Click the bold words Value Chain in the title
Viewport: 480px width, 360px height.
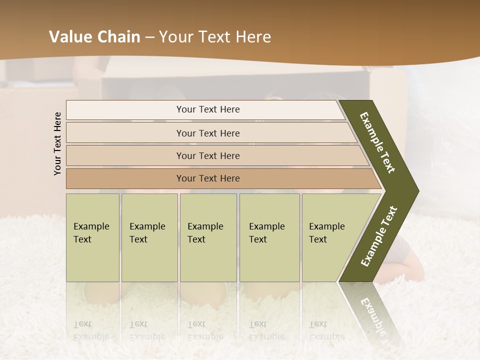coord(94,37)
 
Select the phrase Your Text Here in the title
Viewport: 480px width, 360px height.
coord(215,37)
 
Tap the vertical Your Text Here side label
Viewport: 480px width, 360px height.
coord(57,143)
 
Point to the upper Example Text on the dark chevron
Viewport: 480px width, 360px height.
coord(377,142)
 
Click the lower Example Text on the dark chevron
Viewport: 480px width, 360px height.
coord(379,236)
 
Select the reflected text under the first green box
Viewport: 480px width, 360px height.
coord(91,330)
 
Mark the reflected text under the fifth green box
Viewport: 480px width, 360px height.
coord(326,330)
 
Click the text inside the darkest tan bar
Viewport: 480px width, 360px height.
coord(208,178)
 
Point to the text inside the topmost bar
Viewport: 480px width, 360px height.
coord(208,109)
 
